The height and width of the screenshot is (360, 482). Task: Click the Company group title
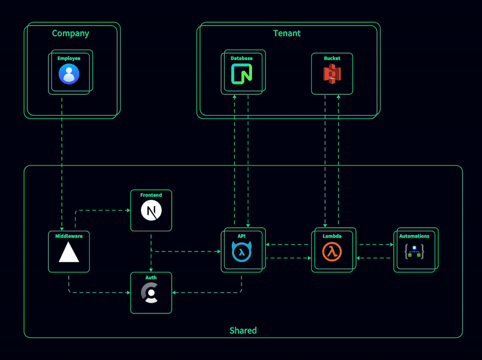[70, 33]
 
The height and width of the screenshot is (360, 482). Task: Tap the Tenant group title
[287, 33]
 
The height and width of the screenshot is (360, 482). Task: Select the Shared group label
[243, 330]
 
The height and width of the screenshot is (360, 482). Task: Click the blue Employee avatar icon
[69, 74]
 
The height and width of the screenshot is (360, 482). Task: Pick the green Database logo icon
[241, 74]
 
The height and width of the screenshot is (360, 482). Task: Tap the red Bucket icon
[332, 74]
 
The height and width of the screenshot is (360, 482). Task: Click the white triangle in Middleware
[69, 252]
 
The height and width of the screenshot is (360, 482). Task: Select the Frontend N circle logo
[151, 211]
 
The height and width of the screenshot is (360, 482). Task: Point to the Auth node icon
[151, 293]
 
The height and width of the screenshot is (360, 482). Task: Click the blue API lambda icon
[241, 252]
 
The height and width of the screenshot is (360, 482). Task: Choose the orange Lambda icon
[332, 252]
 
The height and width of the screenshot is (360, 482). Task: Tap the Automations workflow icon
[414, 252]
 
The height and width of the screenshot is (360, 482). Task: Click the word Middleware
[69, 236]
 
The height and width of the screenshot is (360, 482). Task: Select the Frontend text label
[151, 195]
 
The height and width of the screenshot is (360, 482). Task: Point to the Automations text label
[414, 236]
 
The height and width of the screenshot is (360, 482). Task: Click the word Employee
[69, 58]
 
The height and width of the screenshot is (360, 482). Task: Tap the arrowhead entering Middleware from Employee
[62, 229]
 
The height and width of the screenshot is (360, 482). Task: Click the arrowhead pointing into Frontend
[128, 210]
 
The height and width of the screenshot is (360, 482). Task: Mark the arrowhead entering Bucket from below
[338, 97]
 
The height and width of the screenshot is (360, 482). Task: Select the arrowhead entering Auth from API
[174, 292]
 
